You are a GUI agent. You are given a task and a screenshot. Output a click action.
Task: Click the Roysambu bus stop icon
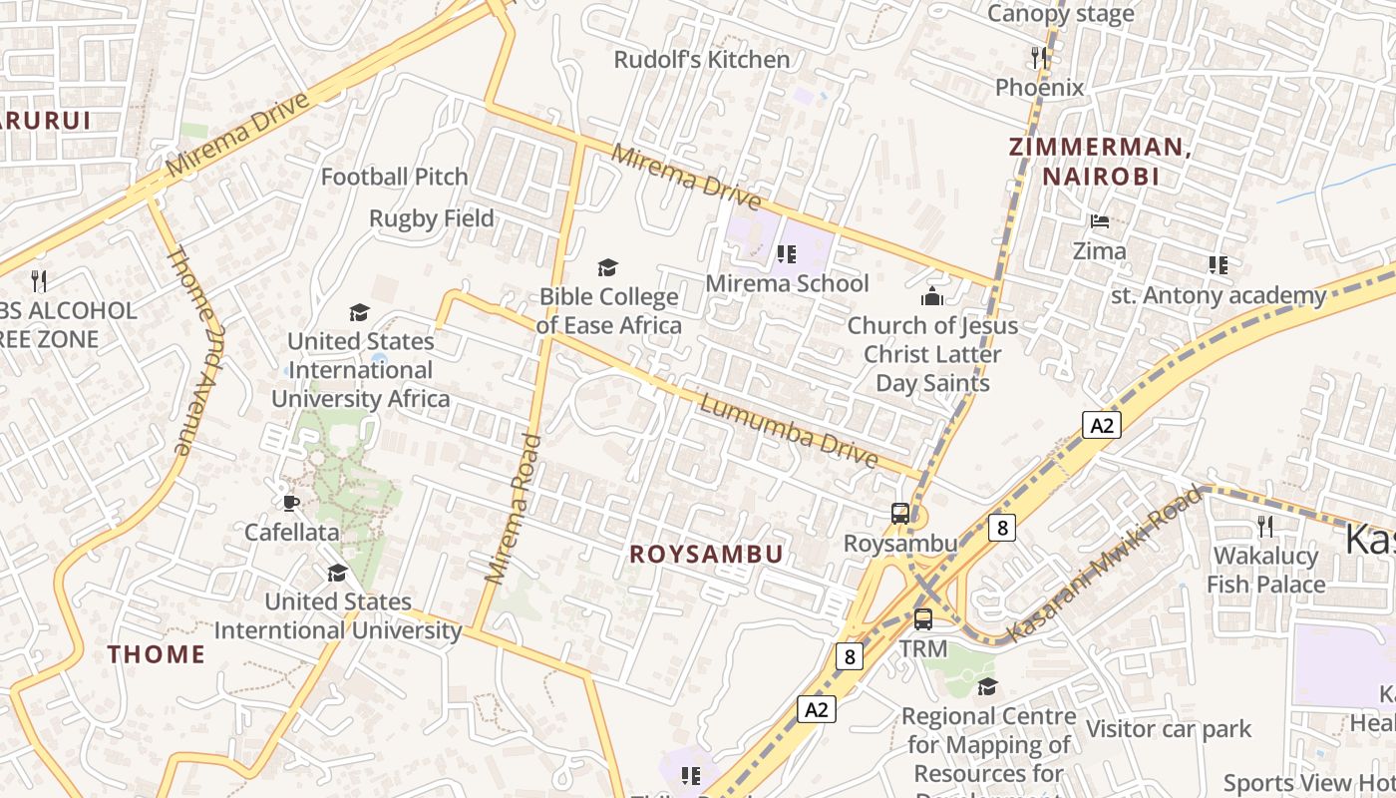[x=899, y=514]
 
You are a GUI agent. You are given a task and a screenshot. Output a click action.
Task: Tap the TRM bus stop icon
[x=923, y=618]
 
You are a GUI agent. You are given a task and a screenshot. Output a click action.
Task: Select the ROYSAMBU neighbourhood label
[x=706, y=555]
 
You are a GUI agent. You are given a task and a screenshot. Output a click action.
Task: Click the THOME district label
[x=157, y=654]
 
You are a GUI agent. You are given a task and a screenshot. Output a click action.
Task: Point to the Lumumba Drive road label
[x=788, y=431]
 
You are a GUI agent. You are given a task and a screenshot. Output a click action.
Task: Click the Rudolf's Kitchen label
[x=702, y=60]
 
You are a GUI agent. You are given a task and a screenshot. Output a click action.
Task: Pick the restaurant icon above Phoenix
[x=1039, y=58]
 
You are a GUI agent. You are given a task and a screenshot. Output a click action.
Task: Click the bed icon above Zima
[x=1100, y=220]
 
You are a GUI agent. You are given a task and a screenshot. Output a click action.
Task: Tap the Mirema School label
[x=788, y=283]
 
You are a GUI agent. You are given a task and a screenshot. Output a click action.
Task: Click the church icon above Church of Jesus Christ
[x=932, y=296]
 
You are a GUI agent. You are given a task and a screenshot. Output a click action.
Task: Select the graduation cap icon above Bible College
[x=607, y=267]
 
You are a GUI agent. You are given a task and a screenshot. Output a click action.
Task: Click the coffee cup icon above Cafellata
[x=291, y=503]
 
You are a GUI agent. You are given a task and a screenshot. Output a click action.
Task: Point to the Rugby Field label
[x=432, y=218]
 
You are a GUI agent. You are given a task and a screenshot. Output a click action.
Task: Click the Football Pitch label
[x=394, y=177]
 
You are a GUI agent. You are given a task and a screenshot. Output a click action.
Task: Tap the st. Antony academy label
[x=1219, y=295]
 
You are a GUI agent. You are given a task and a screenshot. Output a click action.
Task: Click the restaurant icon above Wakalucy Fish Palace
[x=1265, y=525]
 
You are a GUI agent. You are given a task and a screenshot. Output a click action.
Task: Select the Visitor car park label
[x=1169, y=729]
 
